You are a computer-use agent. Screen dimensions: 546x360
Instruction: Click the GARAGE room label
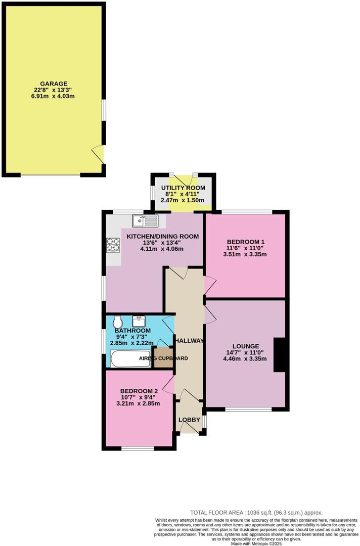pyautogui.click(x=54, y=83)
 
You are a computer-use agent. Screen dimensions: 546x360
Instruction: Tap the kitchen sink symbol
pyautogui.click(x=145, y=220)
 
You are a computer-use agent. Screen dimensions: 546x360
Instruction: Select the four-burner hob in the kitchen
pyautogui.click(x=112, y=245)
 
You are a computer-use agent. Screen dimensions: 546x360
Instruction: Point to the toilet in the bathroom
pyautogui.click(x=118, y=322)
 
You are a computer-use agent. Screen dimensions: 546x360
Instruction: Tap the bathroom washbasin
pyautogui.click(x=138, y=321)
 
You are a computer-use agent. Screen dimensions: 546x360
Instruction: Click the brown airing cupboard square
pyautogui.click(x=163, y=358)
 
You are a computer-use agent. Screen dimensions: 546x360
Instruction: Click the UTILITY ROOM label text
pyautogui.click(x=183, y=188)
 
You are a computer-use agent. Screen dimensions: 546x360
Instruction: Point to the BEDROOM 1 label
pyautogui.click(x=245, y=241)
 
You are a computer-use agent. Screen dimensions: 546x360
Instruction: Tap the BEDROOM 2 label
pyautogui.click(x=139, y=391)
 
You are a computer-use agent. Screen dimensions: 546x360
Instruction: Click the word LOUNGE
pyautogui.click(x=246, y=346)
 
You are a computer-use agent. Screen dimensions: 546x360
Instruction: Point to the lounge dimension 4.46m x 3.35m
pyautogui.click(x=246, y=359)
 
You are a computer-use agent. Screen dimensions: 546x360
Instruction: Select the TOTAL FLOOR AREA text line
pyautogui.click(x=256, y=512)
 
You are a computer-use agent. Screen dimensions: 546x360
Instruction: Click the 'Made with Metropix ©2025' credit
pyautogui.click(x=256, y=543)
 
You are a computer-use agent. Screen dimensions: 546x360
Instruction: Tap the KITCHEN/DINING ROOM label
pyautogui.click(x=162, y=236)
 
